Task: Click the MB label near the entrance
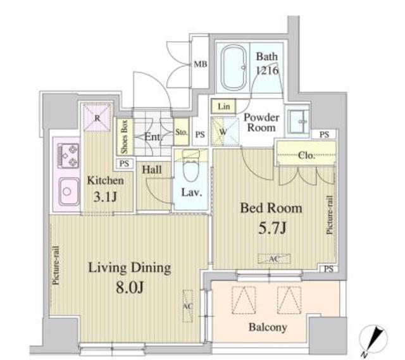(201, 65)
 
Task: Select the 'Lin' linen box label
(224, 106)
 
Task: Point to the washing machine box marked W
(223, 132)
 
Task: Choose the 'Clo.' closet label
(307, 156)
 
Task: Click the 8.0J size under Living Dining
(129, 289)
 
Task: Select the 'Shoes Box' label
(124, 137)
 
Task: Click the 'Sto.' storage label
(180, 133)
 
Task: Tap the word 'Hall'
(152, 170)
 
